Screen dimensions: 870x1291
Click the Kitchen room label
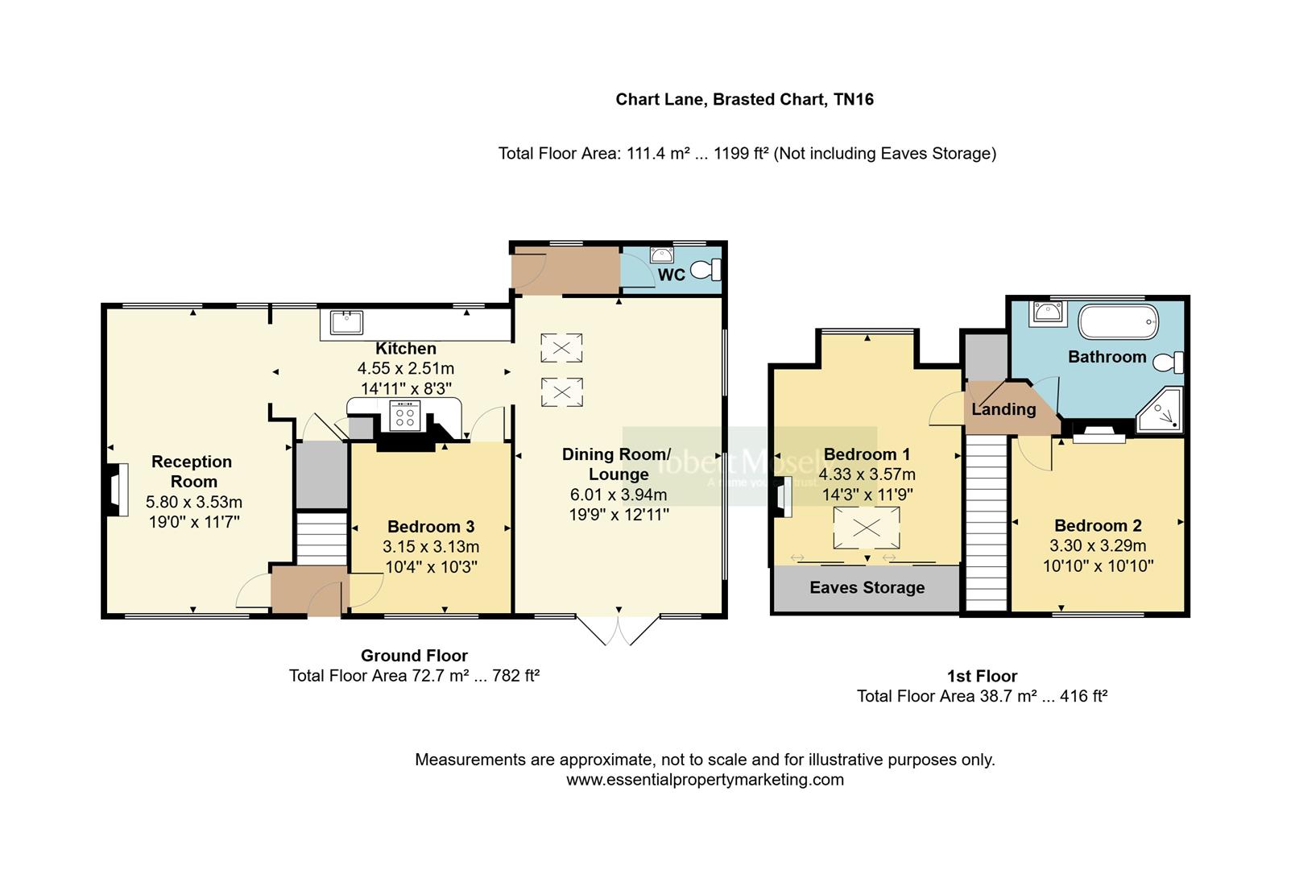pos(406,349)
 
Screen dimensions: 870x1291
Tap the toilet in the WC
pos(706,270)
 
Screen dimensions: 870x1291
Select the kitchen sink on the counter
pos(346,322)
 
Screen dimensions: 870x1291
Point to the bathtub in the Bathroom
pos(1118,321)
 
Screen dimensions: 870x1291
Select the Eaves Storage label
pos(867,588)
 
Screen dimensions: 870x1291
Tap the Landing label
pos(1003,409)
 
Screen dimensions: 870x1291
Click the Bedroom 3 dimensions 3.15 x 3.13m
pos(431,547)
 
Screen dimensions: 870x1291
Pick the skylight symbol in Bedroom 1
pos(866,528)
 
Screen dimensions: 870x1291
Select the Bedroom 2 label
pos(1098,526)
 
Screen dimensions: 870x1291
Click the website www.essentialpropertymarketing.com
pos(705,780)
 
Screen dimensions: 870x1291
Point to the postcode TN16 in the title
pos(854,100)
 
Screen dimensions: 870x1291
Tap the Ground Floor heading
pos(414,656)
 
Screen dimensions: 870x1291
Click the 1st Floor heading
pos(982,676)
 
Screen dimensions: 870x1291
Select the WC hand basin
pos(662,255)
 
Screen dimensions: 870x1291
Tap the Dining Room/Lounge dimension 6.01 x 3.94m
pos(619,495)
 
